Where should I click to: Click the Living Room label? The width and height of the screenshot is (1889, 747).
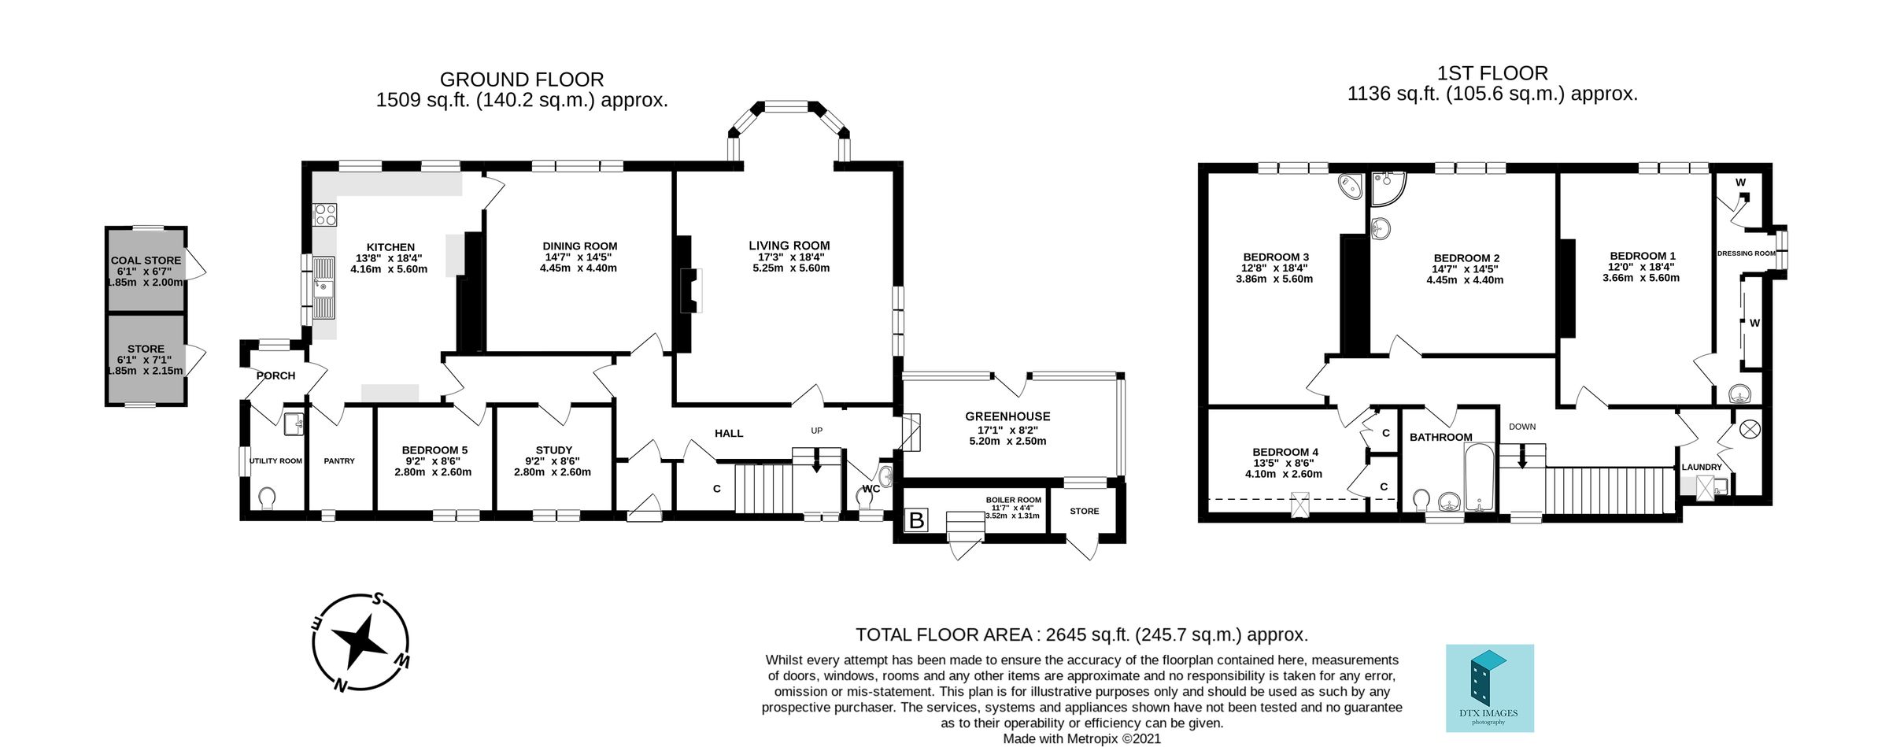789,246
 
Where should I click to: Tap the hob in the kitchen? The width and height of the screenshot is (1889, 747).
325,215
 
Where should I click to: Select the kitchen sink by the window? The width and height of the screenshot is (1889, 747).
323,287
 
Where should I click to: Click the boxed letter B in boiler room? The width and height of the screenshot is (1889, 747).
916,520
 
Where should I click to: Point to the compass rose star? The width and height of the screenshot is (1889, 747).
361,642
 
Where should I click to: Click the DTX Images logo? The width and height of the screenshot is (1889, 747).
1489,687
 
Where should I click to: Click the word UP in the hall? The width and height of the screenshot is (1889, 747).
816,431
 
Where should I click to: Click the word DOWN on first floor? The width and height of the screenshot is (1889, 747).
1522,427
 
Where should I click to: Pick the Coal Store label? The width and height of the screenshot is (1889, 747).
146,260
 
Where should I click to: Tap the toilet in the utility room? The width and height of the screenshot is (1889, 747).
267,498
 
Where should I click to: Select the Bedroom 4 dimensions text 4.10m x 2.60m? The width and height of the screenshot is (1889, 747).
1283,474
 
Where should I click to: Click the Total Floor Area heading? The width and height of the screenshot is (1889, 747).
1081,634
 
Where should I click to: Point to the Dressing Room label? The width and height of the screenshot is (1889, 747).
1746,253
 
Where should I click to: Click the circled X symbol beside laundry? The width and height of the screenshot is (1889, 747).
1749,429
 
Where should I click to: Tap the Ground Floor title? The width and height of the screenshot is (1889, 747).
521,80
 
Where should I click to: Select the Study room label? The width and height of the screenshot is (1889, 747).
553,450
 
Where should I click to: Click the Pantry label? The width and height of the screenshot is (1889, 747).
339,461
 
